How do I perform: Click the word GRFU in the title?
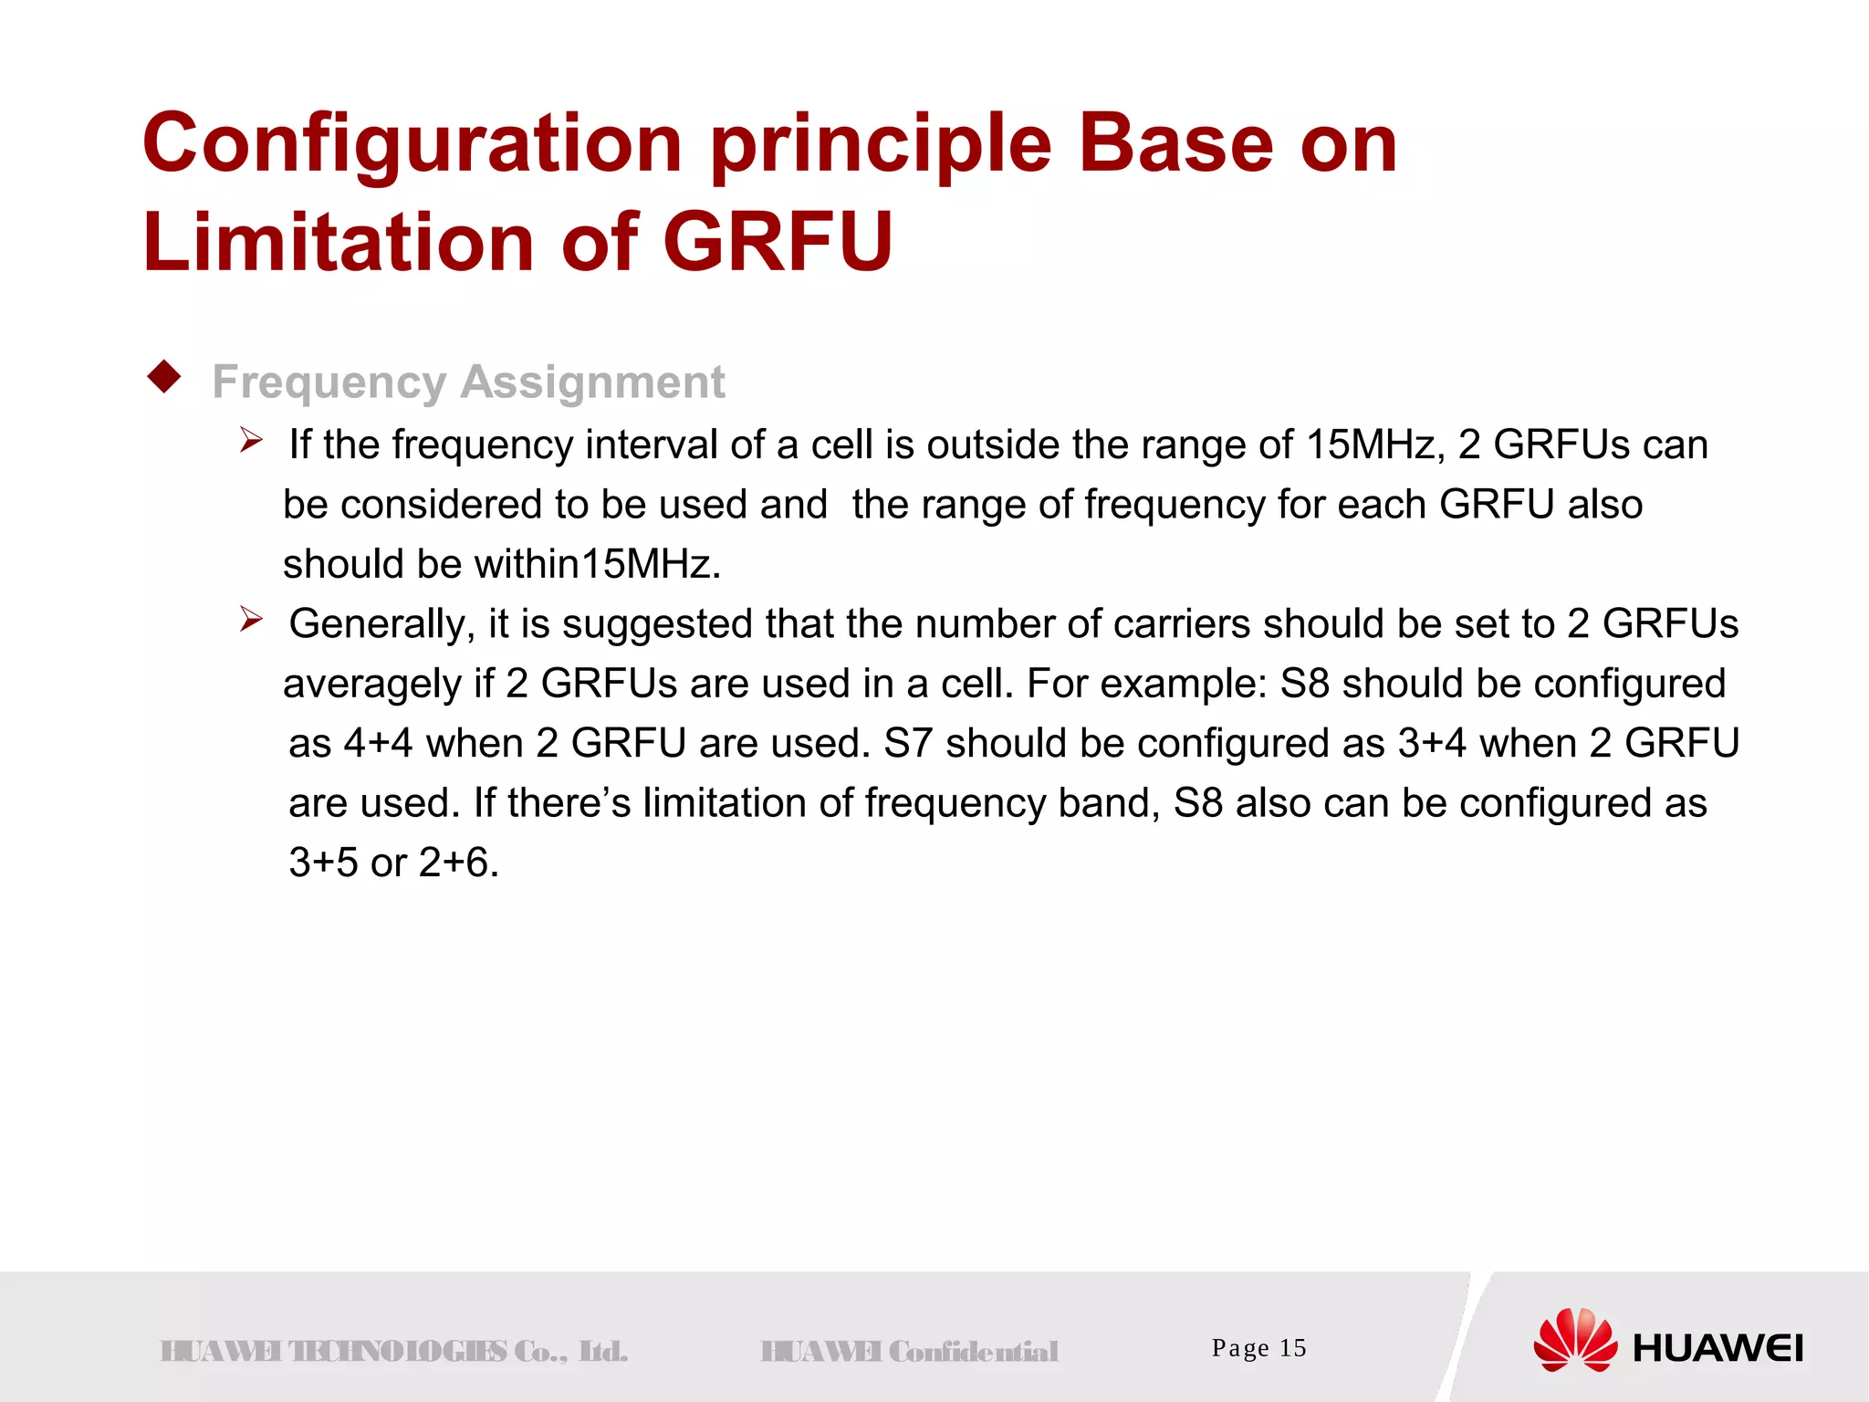(x=777, y=242)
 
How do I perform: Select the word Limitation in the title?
(x=338, y=242)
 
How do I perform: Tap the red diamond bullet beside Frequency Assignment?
(x=164, y=377)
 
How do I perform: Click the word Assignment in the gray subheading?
(x=592, y=382)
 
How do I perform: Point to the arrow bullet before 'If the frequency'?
(x=251, y=443)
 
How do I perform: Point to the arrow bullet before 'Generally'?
(x=251, y=622)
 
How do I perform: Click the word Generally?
(x=382, y=624)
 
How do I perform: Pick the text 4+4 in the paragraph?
(x=378, y=743)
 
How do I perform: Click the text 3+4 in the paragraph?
(x=1431, y=743)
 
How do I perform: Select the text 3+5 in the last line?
(x=323, y=863)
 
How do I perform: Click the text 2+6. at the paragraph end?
(x=459, y=863)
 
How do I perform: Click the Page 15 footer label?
(x=1258, y=1348)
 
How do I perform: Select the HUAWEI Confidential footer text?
(x=909, y=1351)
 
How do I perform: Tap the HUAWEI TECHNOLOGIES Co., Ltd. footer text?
(x=393, y=1351)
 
